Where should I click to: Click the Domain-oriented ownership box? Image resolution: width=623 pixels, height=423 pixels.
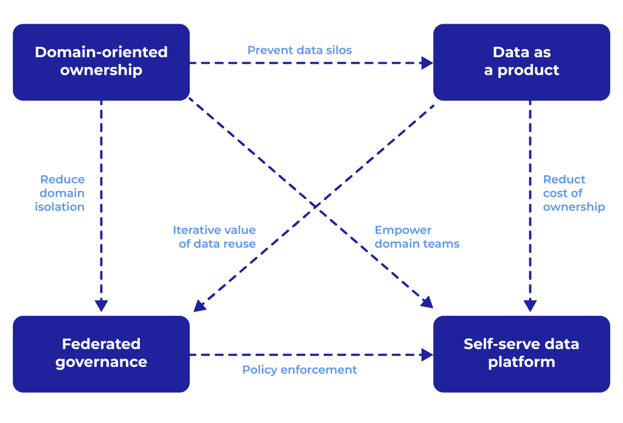[x=101, y=61]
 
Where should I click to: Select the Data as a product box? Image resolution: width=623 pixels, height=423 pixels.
[x=521, y=61]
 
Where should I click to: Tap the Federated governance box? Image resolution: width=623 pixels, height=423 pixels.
[x=101, y=353]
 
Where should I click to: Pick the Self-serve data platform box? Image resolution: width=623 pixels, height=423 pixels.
[x=521, y=353]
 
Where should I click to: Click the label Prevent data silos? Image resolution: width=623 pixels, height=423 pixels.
[x=299, y=50]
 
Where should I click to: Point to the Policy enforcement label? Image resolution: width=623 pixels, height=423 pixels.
[x=299, y=369]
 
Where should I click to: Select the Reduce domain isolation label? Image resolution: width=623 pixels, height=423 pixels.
[x=62, y=193]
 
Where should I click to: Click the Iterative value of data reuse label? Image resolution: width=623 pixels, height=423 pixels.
[x=214, y=237]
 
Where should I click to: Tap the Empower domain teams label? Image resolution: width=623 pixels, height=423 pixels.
[x=417, y=237]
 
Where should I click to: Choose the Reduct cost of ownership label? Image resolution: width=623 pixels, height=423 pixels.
[x=574, y=193]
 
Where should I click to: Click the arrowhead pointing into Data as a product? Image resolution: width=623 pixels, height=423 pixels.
[x=427, y=62]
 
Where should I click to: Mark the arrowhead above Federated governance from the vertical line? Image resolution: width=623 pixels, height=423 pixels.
[x=102, y=305]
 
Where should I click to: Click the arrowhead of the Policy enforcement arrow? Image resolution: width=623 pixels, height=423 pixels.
[x=427, y=354]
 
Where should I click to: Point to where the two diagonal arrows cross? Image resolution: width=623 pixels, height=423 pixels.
[x=315, y=208]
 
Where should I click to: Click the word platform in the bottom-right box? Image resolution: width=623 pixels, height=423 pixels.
[x=521, y=362]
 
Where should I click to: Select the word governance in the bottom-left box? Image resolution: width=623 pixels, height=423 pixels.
[x=101, y=362]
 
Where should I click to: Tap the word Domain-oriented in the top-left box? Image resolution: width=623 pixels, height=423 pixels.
[x=101, y=52]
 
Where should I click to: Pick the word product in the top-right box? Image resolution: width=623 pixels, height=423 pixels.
[x=529, y=71]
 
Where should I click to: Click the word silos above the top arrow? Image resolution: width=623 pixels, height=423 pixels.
[x=338, y=50]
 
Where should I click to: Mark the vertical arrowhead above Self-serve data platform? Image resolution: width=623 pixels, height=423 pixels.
[x=530, y=305]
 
